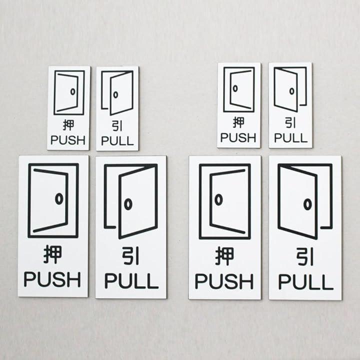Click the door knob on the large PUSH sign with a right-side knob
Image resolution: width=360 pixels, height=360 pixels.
59,199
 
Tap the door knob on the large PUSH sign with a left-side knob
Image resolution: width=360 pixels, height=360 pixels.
218,199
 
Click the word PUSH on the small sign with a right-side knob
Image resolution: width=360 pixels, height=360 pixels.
68,140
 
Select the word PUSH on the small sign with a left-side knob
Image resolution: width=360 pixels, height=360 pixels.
238,137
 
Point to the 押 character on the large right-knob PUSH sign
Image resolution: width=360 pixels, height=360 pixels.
53,254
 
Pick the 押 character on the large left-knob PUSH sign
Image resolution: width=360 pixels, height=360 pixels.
224,256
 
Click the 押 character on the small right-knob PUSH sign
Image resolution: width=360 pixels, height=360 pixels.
68,125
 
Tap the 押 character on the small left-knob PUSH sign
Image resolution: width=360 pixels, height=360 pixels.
238,122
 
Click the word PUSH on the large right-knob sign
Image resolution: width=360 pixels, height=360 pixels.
52,279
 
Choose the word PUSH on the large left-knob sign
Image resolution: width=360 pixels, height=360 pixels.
224,281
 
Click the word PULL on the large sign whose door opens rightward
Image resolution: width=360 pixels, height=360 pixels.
131,280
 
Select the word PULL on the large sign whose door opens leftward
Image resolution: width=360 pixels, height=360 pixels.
305,281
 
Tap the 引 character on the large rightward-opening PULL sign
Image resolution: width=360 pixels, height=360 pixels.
130,256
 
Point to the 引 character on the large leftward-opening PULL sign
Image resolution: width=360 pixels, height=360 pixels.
305,256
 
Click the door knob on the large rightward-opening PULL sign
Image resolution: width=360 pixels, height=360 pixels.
128,204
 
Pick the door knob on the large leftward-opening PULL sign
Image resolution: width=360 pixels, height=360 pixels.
307,204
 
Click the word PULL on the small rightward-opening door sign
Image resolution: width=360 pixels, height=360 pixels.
117,140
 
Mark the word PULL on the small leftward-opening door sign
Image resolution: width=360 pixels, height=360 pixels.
290,138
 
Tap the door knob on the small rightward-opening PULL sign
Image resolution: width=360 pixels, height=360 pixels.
115,94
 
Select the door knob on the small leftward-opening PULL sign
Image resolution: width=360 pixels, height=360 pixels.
292,91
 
